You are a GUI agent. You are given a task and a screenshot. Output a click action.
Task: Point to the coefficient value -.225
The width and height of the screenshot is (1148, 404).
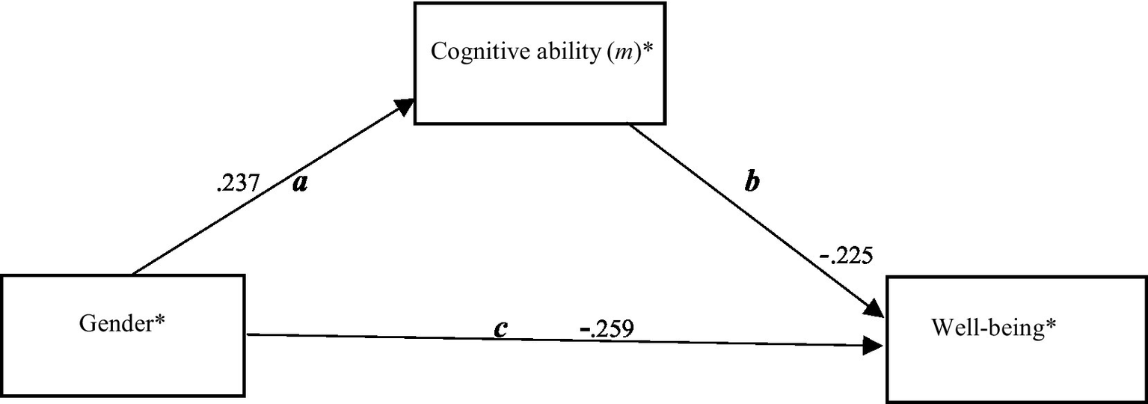846,257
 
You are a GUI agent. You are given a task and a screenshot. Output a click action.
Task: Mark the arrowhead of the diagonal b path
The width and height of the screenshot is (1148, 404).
876,308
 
